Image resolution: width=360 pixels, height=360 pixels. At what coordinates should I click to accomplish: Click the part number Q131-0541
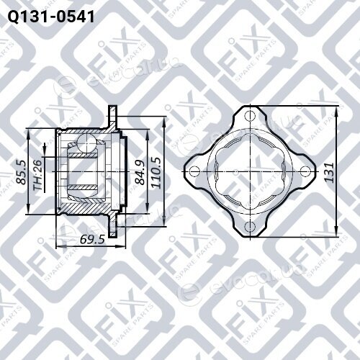coord(51,17)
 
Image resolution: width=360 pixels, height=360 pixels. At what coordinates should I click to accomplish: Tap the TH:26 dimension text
coord(38,175)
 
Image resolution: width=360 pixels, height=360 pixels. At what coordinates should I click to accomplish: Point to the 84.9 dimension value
coord(140,172)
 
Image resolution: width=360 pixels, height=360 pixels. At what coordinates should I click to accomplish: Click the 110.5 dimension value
coord(156,172)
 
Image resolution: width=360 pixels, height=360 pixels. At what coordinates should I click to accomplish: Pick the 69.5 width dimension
coord(92,239)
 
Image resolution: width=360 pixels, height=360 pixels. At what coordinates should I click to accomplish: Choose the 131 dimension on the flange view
coord(330,172)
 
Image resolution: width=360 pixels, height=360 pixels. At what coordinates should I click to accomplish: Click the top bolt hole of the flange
coord(250,117)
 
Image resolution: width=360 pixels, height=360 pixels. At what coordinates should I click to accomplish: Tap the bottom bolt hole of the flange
coord(250,227)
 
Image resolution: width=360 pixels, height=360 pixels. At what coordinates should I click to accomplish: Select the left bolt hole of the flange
coord(194,171)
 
